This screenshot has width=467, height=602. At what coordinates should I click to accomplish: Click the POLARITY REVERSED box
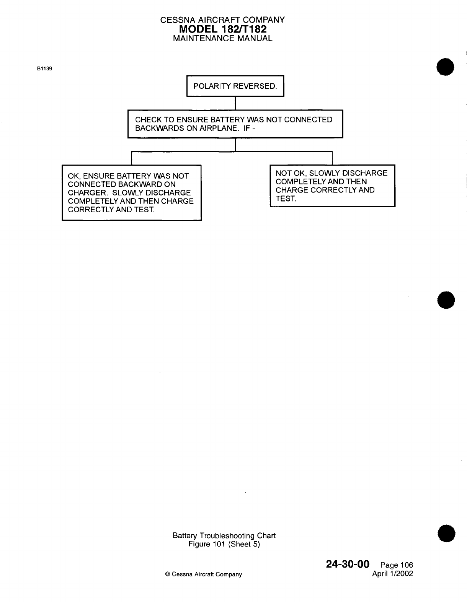tap(235, 86)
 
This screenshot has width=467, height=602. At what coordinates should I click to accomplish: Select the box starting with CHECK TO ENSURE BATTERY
tap(235, 124)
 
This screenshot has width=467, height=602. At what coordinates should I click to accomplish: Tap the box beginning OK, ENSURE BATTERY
tap(132, 193)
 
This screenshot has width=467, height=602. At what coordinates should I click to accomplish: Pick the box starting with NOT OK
tap(332, 186)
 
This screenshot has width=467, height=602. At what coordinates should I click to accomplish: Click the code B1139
tap(44, 69)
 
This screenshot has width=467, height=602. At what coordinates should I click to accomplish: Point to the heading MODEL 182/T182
tap(222, 29)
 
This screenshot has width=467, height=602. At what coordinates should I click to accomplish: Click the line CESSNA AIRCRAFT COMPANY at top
tap(222, 20)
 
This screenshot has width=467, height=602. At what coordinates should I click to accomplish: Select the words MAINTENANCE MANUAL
tap(222, 38)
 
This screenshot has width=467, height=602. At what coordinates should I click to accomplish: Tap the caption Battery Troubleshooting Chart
tap(224, 535)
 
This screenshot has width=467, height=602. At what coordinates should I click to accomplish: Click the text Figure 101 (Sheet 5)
tap(224, 544)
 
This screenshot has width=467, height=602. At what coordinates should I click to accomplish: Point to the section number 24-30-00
tap(348, 564)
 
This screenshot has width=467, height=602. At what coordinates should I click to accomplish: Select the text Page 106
tap(397, 565)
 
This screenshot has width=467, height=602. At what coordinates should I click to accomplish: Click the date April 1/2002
tap(393, 574)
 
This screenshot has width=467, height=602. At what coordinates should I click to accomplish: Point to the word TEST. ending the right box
tap(286, 198)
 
